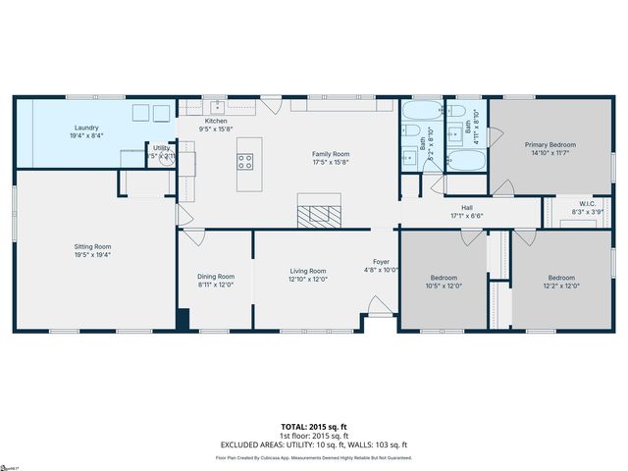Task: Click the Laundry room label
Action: tap(85, 128)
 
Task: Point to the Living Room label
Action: tap(308, 271)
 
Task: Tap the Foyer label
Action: tap(382, 262)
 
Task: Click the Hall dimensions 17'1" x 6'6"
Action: tap(467, 216)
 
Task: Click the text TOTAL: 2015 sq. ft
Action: tap(314, 427)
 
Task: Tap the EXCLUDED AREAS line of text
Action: tap(314, 445)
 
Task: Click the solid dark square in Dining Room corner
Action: tap(183, 320)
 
